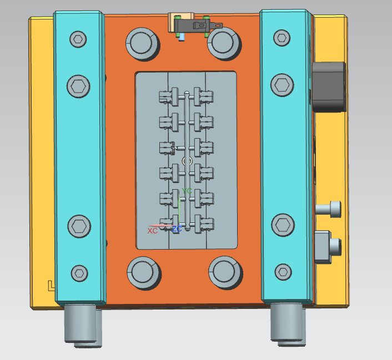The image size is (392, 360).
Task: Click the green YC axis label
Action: (x=187, y=191)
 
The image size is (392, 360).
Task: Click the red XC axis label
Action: (x=152, y=231)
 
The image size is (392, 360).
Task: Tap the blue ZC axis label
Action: (x=177, y=229)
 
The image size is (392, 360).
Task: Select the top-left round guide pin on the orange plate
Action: (x=143, y=44)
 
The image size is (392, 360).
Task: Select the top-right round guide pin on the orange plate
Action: (x=224, y=43)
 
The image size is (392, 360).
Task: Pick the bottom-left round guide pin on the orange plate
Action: (x=144, y=273)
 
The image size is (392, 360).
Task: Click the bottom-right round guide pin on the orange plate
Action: (x=225, y=272)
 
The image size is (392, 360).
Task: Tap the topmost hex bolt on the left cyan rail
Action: (x=78, y=39)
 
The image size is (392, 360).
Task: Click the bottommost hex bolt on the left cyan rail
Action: (x=79, y=273)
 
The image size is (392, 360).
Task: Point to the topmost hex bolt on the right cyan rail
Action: (x=282, y=38)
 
